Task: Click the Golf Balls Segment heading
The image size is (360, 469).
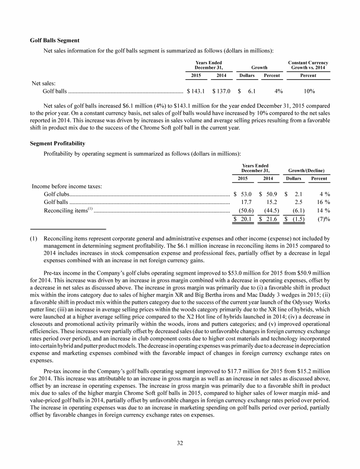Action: pos(54,40)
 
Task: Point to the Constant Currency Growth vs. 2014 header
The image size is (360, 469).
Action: pos(308,66)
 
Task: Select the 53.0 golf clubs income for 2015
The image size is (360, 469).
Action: pos(246,193)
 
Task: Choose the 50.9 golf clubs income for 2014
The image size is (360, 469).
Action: pos(271,193)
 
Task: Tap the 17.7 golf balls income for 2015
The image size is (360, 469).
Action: pos(246,202)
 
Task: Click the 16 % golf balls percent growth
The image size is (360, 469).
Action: pos(322,202)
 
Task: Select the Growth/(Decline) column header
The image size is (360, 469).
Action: pos(307,170)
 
